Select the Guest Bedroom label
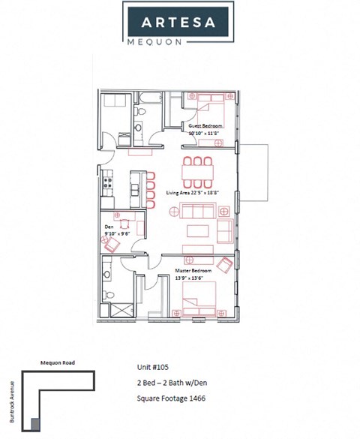coord(205,125)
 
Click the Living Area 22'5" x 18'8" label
coord(192,193)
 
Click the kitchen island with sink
coord(136,184)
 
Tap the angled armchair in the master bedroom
coord(225,264)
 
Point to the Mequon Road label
coord(57,362)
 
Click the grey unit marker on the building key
coord(34,425)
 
